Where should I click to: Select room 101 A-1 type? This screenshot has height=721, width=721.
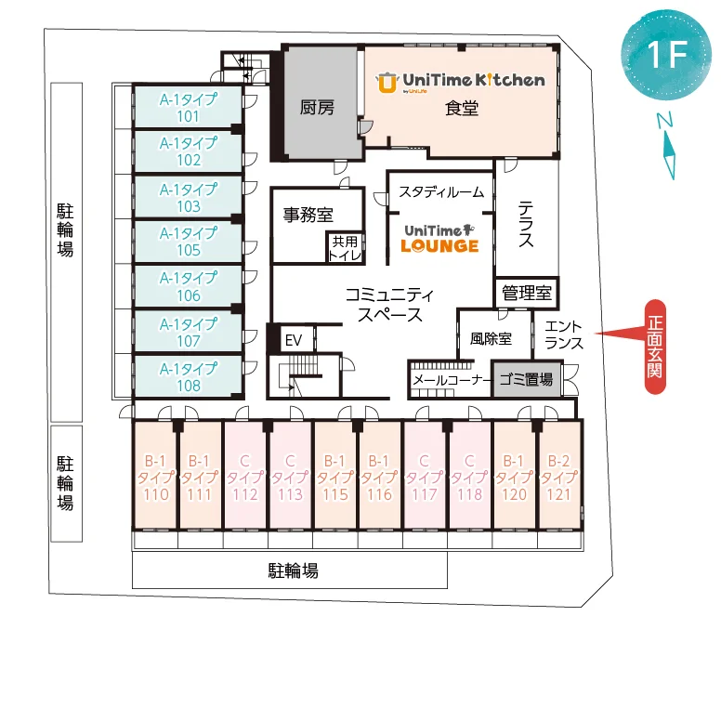(x=188, y=107)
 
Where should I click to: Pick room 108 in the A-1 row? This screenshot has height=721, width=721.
(x=188, y=376)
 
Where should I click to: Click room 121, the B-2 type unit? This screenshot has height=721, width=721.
(x=558, y=476)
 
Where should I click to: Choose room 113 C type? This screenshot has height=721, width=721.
(x=290, y=476)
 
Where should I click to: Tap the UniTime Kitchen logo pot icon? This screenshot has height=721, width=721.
(x=387, y=83)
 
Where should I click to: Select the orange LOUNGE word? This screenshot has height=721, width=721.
(x=439, y=246)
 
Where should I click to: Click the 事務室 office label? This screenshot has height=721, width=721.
(x=308, y=215)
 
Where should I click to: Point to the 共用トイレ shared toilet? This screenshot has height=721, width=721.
(x=345, y=248)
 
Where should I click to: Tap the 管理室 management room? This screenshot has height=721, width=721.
(x=527, y=293)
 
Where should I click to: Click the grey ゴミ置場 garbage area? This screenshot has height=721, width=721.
(x=527, y=379)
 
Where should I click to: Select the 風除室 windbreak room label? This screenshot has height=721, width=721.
(x=491, y=339)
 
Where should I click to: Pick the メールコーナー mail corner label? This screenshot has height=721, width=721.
(x=452, y=380)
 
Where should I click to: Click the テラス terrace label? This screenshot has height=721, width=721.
(x=526, y=224)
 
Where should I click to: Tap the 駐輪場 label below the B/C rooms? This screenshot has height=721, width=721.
(x=293, y=570)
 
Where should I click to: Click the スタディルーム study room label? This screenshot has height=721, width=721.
(x=441, y=191)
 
